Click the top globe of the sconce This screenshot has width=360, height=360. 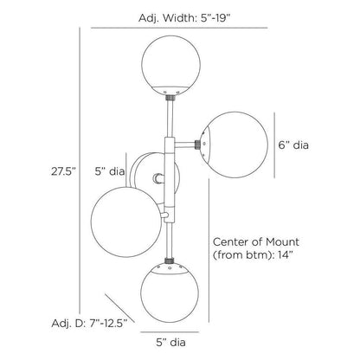click(171, 65)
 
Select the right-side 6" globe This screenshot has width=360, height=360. click(235, 145)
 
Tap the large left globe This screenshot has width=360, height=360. click(126, 222)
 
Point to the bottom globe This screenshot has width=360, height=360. click(170, 292)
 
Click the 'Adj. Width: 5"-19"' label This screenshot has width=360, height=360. click(184, 18)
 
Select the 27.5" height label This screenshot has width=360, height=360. click(63, 171)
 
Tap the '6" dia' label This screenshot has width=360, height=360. click(293, 145)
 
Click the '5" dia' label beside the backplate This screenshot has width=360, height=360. click(110, 171)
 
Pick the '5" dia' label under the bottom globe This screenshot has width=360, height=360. click(170, 343)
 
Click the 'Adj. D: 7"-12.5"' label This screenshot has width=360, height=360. click(90, 324)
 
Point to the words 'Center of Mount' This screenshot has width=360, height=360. click(256, 241)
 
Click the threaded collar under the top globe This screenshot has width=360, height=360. click(170, 98)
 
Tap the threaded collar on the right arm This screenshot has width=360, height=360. click(198, 145)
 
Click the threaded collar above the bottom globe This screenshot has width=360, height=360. click(170, 260)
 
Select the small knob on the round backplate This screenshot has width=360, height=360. click(158, 178)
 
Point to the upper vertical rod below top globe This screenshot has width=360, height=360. click(170, 119)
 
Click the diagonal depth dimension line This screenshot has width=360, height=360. click(119, 308)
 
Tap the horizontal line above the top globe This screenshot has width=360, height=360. click(179, 28)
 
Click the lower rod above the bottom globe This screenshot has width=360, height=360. click(170, 241)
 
